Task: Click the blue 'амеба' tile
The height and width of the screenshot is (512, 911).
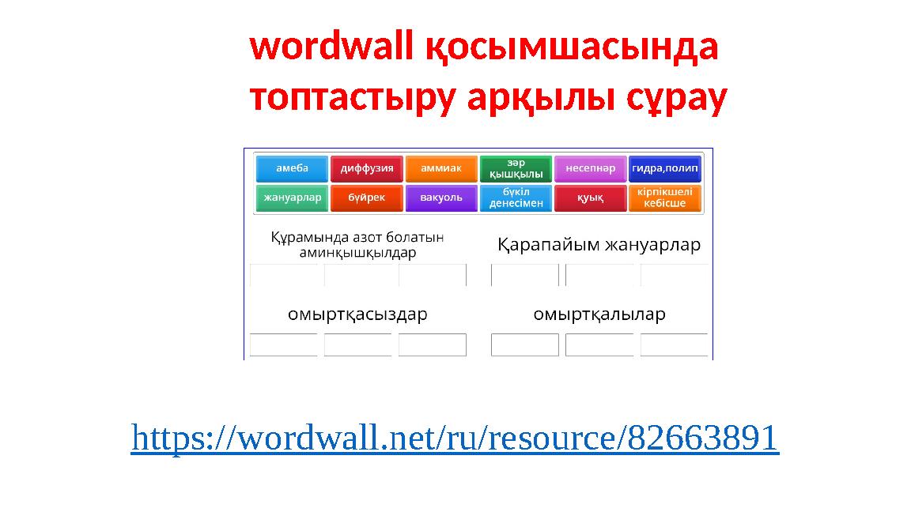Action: pos(292,169)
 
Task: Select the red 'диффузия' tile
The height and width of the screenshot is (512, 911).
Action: pos(367,169)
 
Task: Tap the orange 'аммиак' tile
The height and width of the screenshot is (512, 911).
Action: pos(441,169)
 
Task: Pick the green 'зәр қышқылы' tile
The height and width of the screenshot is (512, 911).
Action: pos(516,169)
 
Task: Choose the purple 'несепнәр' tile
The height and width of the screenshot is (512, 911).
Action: pos(590,169)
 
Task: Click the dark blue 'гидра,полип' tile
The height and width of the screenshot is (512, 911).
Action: pos(665,169)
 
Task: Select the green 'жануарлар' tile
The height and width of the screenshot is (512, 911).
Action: pos(292,198)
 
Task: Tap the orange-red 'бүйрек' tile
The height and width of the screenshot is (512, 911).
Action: pos(367,198)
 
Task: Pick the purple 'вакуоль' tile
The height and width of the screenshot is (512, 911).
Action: pos(441,198)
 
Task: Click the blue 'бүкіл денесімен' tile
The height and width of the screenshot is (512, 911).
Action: pos(516,198)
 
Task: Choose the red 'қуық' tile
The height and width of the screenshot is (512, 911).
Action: pos(590,198)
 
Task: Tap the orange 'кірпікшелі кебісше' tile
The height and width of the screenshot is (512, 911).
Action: pos(665,198)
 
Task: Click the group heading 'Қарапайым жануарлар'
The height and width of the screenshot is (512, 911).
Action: pos(599,245)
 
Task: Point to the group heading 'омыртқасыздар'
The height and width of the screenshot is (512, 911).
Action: pos(357,314)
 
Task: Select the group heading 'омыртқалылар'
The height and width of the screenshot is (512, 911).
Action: pos(599,314)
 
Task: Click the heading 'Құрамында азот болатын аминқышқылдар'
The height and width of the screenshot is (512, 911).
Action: pos(357,245)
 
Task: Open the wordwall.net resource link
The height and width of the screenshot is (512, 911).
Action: pos(455,438)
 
